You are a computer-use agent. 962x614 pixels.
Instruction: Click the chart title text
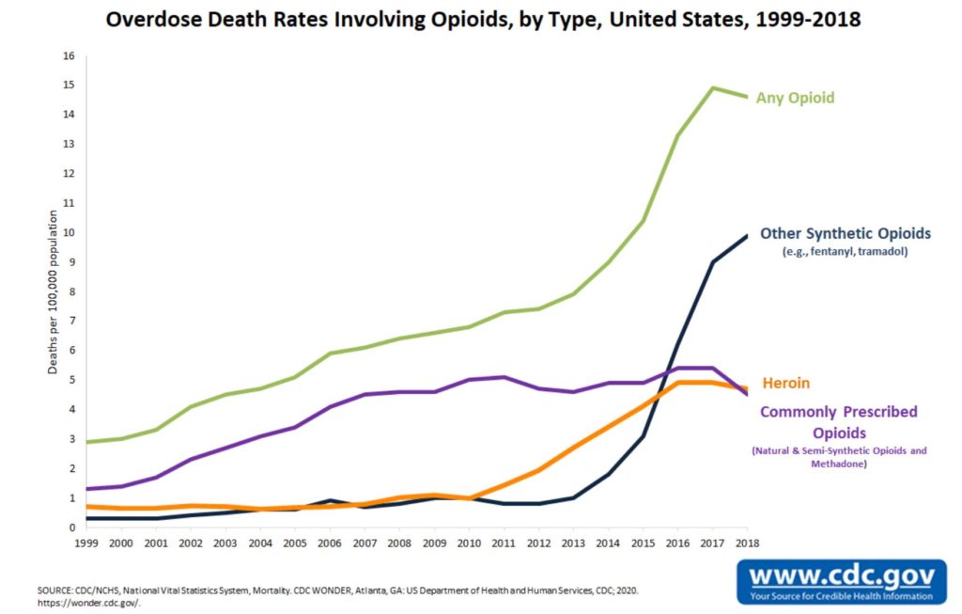coord(480,20)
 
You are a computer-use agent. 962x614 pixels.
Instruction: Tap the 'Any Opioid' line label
coord(795,98)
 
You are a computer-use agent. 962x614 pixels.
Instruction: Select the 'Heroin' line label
coord(785,384)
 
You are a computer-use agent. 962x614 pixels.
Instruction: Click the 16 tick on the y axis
coord(68,55)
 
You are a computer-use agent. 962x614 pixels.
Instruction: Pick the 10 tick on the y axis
coord(68,232)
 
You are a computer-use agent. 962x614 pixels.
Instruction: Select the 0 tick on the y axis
coord(70,527)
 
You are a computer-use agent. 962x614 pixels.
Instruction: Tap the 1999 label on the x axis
coord(86,543)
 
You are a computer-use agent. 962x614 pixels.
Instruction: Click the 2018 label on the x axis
coord(747,543)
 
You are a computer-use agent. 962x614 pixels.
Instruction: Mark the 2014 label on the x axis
coord(608,543)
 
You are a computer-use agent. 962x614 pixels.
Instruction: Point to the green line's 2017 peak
coord(713,87)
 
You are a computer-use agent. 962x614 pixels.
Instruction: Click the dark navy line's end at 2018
coord(748,235)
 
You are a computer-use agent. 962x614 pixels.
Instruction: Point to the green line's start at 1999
coord(86,441)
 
